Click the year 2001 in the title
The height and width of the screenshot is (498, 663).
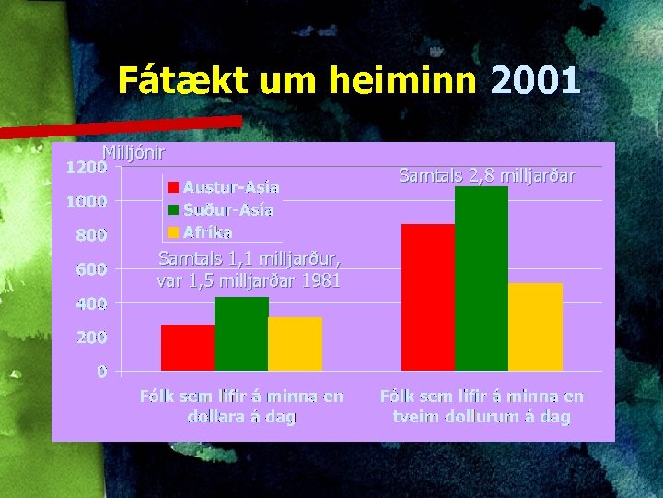pos(535,81)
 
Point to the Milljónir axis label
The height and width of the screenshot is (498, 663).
pos(134,152)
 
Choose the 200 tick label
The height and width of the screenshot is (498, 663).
pos(91,338)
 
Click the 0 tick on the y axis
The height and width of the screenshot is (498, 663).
pos(102,372)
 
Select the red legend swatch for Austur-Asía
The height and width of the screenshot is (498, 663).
pos(172,187)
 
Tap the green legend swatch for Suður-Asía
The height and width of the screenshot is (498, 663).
pos(172,209)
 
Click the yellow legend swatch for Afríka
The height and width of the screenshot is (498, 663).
pos(172,231)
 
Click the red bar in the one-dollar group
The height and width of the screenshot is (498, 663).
pos(188,348)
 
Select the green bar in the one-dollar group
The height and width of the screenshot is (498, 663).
pos(241,334)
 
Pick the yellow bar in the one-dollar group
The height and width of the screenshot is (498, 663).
pos(295,344)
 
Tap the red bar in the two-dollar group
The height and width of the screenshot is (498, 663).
pos(428,297)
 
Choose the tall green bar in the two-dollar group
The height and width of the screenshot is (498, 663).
pos(482,279)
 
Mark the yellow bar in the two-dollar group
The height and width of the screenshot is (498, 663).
pos(535,326)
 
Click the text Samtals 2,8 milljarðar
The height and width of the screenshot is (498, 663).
pos(487,174)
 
